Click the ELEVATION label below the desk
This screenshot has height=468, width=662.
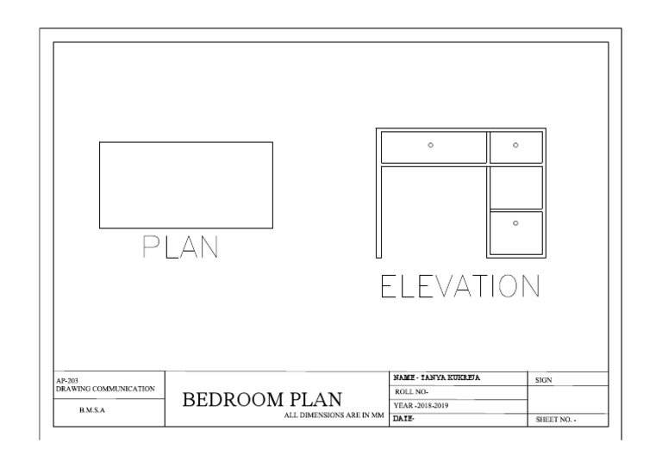(x=459, y=288)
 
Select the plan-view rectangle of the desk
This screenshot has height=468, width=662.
(x=185, y=184)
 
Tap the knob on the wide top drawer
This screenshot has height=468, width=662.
(x=431, y=145)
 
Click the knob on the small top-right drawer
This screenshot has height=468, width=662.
(x=515, y=145)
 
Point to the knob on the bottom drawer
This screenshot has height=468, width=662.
(x=515, y=222)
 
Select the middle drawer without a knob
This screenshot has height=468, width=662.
(x=515, y=187)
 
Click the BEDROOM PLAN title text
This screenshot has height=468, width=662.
(x=262, y=400)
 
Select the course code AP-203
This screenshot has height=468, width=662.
(x=67, y=379)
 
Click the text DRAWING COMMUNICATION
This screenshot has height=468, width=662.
(x=104, y=389)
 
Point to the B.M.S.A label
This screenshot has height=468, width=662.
(x=92, y=410)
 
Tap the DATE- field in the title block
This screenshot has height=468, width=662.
(x=404, y=419)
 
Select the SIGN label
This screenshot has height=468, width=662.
(x=544, y=379)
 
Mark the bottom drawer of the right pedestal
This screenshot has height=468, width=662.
(x=515, y=233)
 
